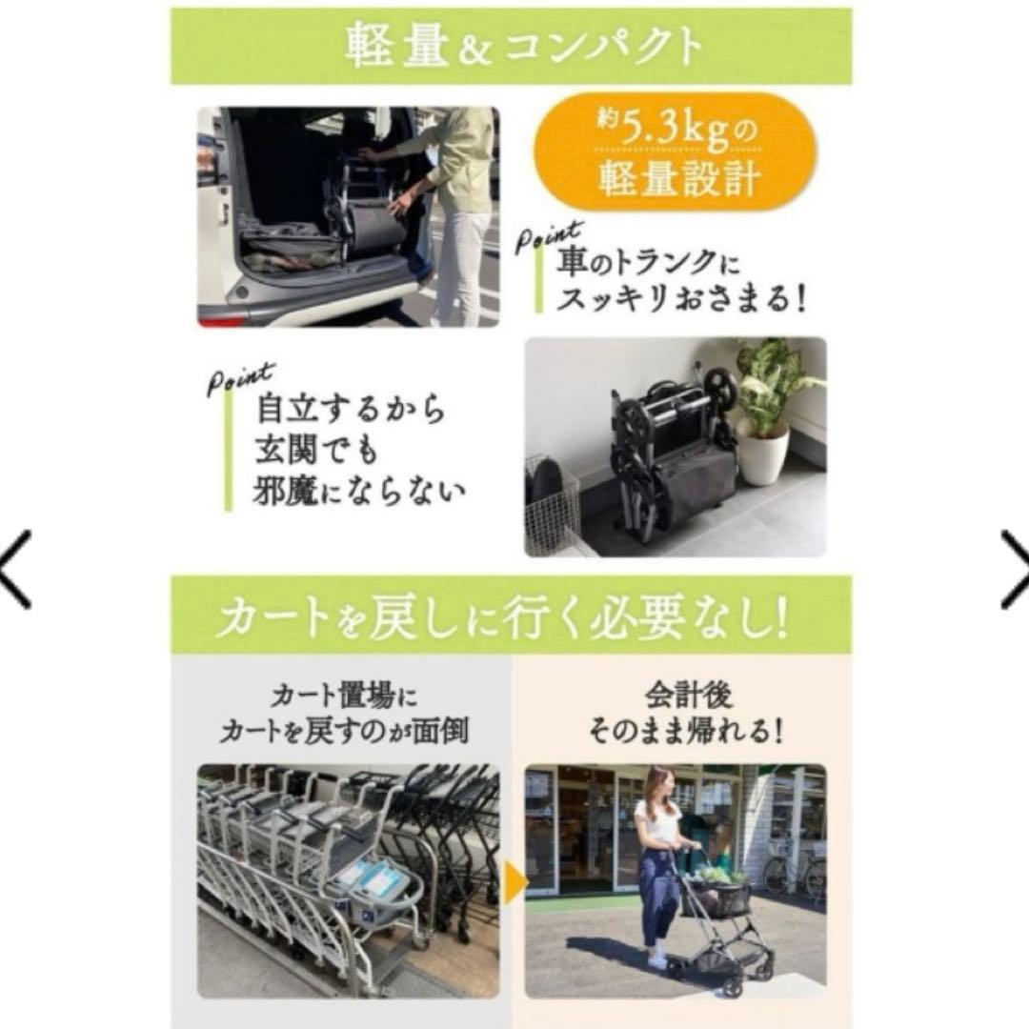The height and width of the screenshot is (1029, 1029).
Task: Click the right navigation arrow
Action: coord(1015,570)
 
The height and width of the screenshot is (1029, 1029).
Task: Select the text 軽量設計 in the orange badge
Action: coord(677,178)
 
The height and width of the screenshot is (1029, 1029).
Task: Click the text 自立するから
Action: coord(351,410)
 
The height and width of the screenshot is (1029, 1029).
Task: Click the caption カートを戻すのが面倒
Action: coord(343,732)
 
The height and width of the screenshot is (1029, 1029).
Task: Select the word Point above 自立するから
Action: coord(240,377)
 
